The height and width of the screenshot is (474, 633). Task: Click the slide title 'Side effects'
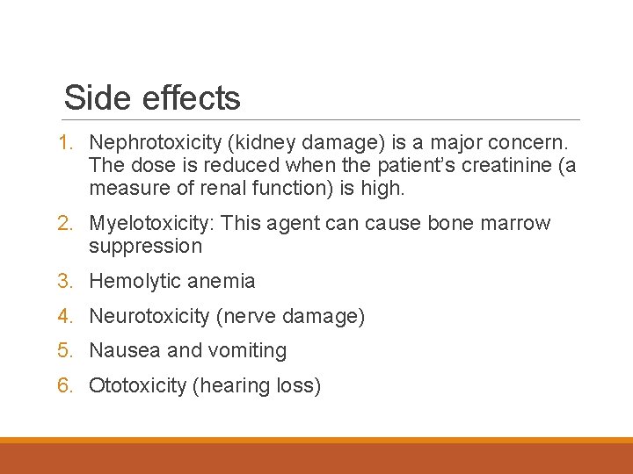pyautogui.click(x=152, y=97)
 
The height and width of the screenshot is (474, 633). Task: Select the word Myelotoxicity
pyautogui.click(x=151, y=223)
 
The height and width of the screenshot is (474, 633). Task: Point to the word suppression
pyautogui.click(x=145, y=247)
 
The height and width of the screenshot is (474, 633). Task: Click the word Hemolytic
pyautogui.click(x=134, y=282)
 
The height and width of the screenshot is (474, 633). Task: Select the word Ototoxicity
pyautogui.click(x=137, y=385)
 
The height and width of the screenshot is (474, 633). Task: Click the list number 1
pyautogui.click(x=64, y=141)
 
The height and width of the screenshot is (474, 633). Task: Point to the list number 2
pyautogui.click(x=64, y=223)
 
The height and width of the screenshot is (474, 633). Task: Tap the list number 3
pyautogui.click(x=64, y=282)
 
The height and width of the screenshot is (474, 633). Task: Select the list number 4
pyautogui.click(x=64, y=316)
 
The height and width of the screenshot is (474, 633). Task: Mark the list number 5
pyautogui.click(x=64, y=350)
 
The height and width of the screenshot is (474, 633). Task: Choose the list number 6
pyautogui.click(x=64, y=385)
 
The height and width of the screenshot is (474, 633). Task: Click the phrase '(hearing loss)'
pyautogui.click(x=256, y=386)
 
